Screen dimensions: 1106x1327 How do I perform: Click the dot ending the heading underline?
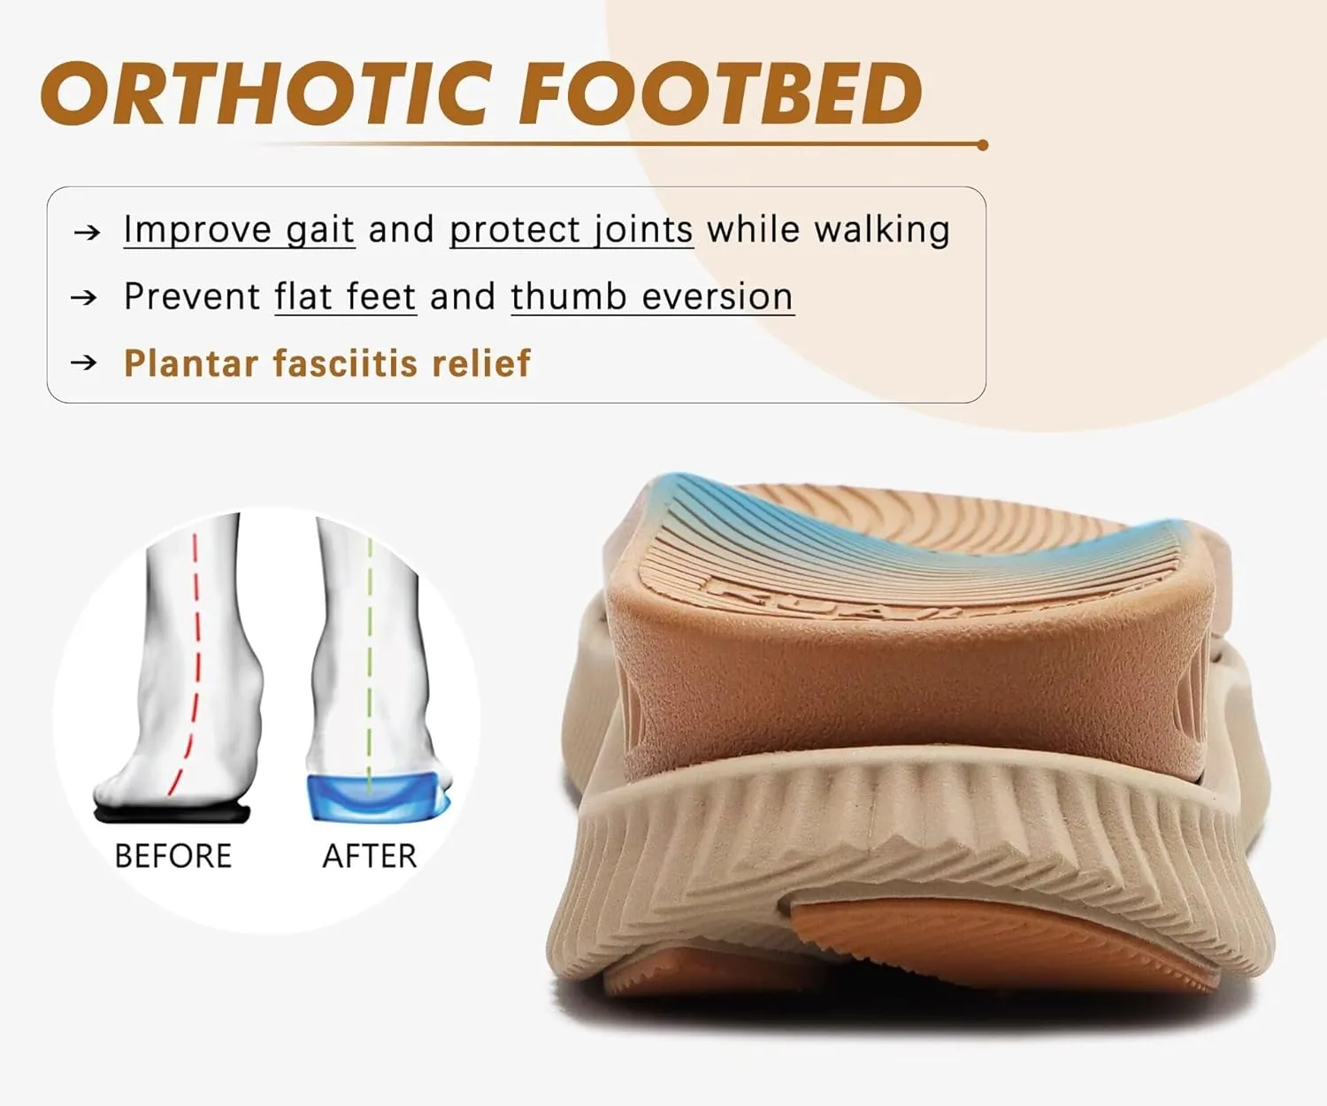982,145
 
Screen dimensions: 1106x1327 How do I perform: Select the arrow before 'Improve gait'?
87,233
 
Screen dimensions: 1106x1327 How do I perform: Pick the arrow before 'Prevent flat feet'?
84,297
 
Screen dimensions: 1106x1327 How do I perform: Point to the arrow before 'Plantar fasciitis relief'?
84,363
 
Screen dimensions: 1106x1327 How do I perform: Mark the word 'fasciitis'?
344,364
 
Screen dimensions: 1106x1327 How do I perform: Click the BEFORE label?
173,856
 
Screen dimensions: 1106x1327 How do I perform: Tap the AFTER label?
369,856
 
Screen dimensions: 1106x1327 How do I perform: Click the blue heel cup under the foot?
376,796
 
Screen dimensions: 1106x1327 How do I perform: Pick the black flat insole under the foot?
173,812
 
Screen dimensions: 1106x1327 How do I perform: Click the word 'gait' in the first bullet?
319,230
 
